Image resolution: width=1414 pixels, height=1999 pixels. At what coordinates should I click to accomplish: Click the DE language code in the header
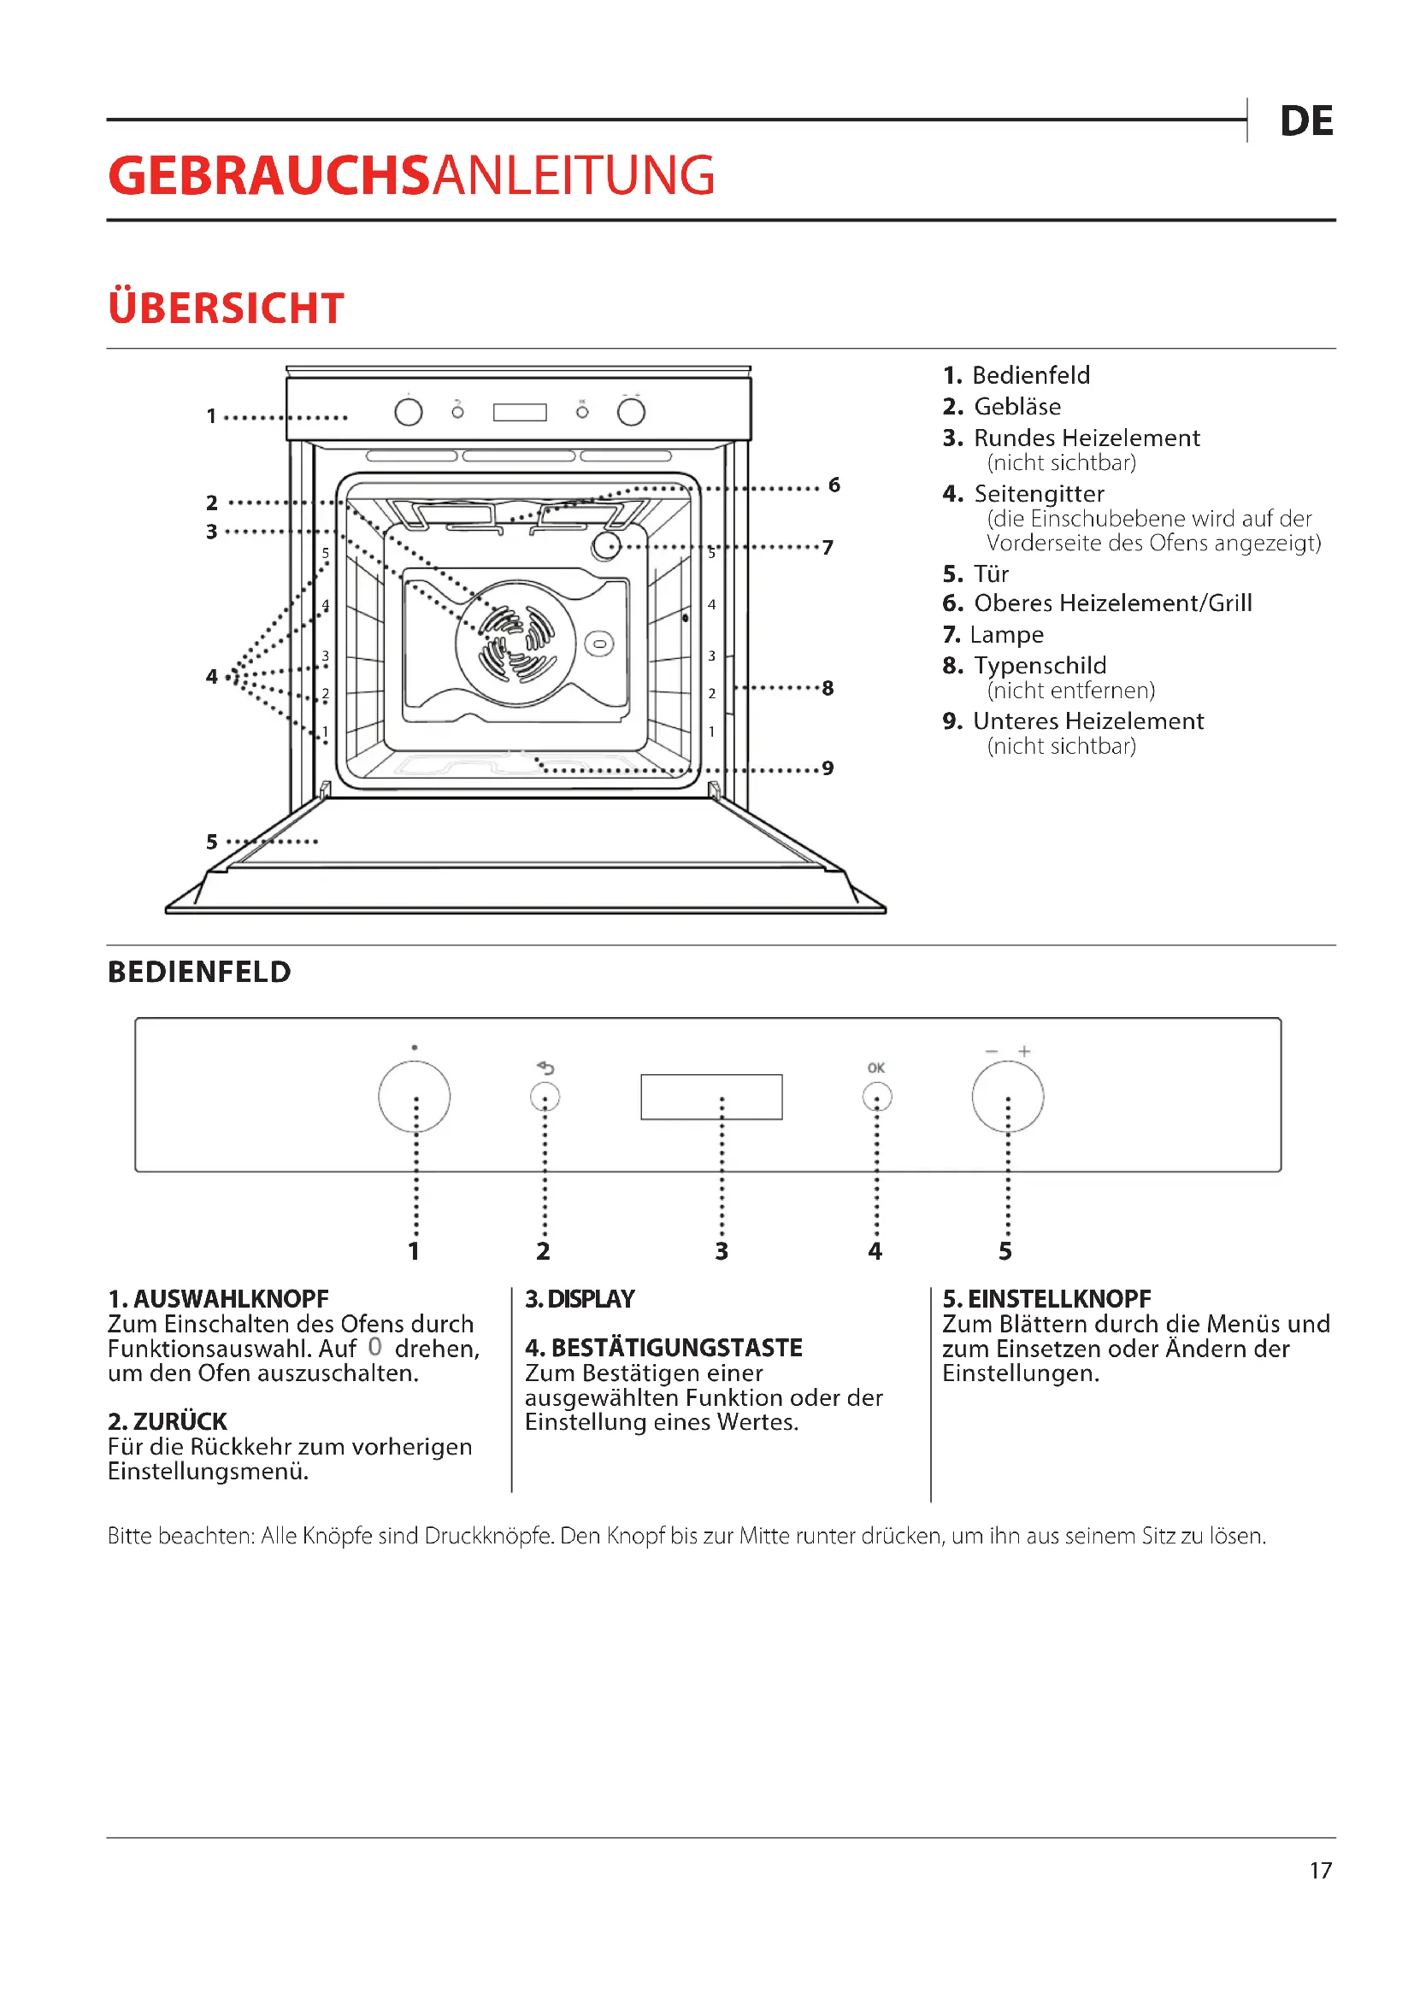click(1305, 121)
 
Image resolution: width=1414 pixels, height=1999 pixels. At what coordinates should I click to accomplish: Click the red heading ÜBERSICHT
click(226, 309)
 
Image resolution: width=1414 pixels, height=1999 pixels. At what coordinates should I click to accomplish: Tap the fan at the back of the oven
click(516, 644)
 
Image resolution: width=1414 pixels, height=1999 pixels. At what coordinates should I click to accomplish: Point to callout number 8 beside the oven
click(828, 689)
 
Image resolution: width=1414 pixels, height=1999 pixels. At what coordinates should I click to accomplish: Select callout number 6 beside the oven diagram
click(834, 485)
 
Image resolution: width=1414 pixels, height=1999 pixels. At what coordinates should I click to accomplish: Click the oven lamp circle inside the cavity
click(606, 547)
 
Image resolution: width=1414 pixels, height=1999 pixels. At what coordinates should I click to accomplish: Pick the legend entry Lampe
click(1005, 635)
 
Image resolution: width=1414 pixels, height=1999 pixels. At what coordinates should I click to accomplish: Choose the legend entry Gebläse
click(1016, 407)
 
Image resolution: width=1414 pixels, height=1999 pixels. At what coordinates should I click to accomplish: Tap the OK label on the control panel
click(876, 1067)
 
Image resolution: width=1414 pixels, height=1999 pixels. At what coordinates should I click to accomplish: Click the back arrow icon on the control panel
click(546, 1067)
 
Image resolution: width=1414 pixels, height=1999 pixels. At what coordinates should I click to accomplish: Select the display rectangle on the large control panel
click(710, 1097)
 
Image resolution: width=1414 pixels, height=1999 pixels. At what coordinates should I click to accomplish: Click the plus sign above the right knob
click(1025, 1052)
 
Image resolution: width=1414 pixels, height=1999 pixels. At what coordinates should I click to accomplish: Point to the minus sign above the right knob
click(992, 1052)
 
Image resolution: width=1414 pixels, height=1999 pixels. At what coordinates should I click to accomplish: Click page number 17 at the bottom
click(1320, 1871)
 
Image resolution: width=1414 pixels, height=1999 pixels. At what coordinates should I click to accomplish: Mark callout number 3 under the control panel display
click(721, 1251)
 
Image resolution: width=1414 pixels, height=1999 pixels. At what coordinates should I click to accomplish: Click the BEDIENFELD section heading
click(199, 972)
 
